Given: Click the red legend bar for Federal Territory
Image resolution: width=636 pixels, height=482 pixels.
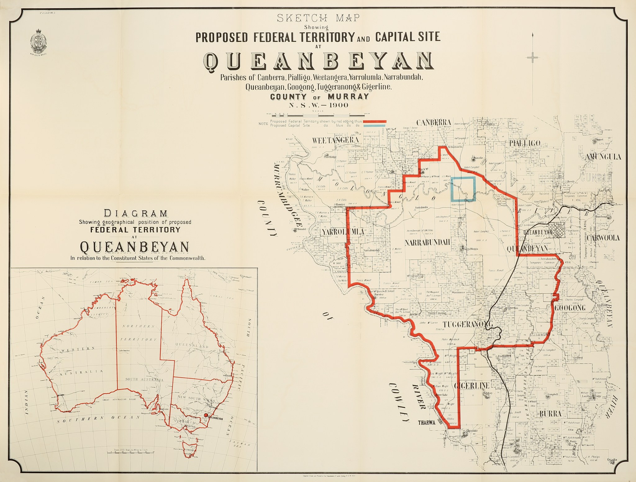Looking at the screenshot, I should pyautogui.click(x=375, y=121).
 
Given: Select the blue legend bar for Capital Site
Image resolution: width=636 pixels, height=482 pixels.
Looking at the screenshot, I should pyautogui.click(x=375, y=126).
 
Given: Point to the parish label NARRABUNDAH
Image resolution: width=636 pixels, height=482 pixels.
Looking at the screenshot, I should pyautogui.click(x=427, y=243).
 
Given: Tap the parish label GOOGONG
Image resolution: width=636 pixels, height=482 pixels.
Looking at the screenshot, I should pyautogui.click(x=570, y=308).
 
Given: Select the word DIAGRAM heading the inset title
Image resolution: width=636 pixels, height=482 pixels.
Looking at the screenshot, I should pyautogui.click(x=136, y=213).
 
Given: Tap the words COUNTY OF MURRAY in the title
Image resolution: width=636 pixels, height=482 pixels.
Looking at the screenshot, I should pyautogui.click(x=320, y=97).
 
